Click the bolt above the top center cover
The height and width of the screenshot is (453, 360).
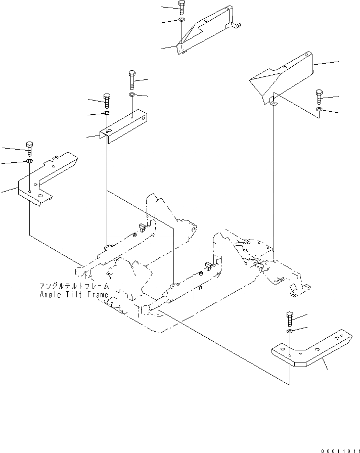coord(182,7)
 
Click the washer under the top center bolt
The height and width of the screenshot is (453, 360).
coord(182,20)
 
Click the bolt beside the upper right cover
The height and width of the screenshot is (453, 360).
coord(319,97)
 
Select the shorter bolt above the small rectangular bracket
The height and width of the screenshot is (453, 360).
coord(107,100)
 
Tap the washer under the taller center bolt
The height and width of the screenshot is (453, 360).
coord(131,95)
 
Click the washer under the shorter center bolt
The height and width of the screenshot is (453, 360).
coord(107,114)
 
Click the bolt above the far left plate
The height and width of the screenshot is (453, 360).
coord(29,148)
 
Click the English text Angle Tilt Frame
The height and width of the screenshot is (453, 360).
coord(74,295)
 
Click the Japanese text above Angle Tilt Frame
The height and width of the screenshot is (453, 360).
coord(74,286)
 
